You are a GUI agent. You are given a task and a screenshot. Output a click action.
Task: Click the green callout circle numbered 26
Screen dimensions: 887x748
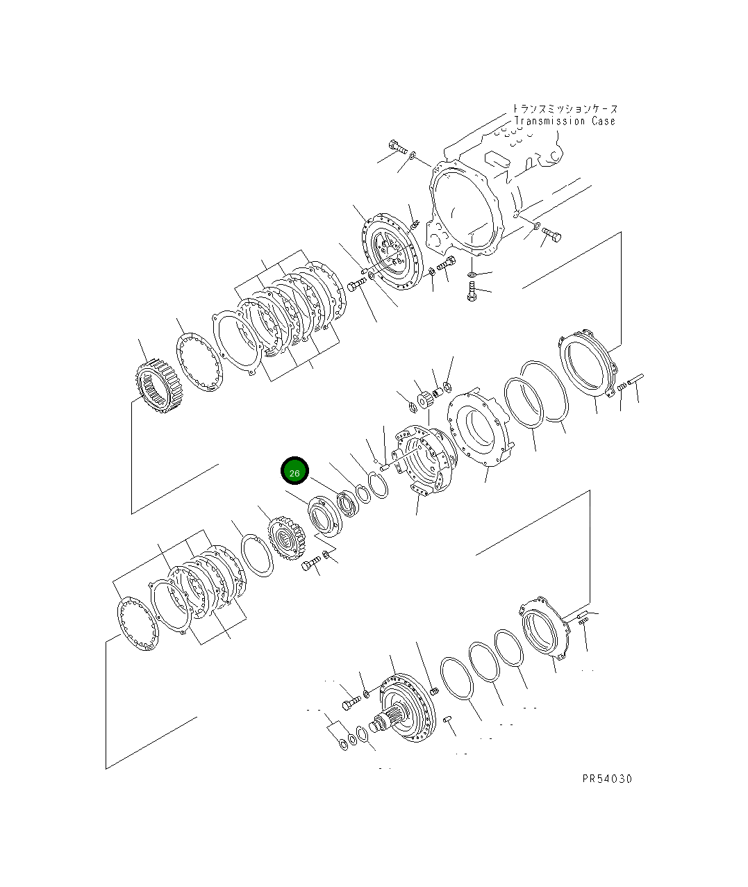pyautogui.click(x=294, y=472)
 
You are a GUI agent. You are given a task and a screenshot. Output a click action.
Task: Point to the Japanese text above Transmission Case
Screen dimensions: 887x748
pyautogui.click(x=564, y=109)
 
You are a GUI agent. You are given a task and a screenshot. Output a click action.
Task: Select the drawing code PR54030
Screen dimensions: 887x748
pyautogui.click(x=607, y=779)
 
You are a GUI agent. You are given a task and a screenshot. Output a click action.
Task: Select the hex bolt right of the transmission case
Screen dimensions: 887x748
pyautogui.click(x=553, y=235)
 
